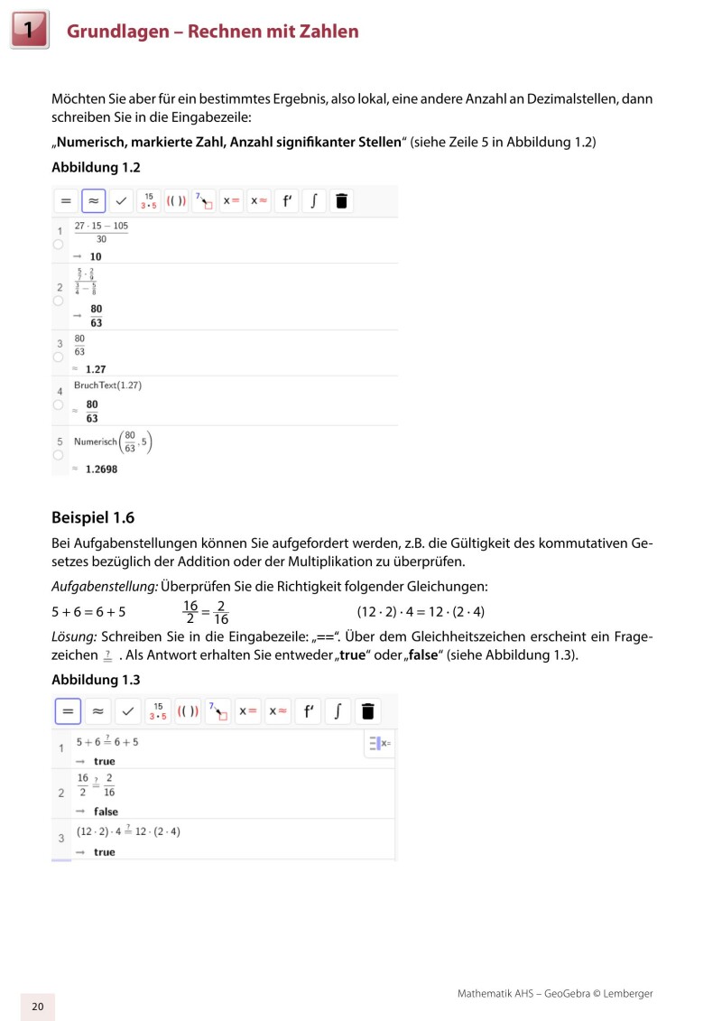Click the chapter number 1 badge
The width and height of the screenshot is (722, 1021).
click(x=29, y=31)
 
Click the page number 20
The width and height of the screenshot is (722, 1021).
click(x=37, y=1007)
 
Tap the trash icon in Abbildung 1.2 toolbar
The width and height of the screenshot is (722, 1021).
click(x=340, y=200)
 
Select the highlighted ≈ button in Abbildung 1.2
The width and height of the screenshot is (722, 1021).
click(x=94, y=200)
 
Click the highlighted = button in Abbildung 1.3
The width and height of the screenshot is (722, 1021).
click(x=68, y=711)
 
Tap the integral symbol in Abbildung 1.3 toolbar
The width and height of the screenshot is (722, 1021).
click(x=337, y=711)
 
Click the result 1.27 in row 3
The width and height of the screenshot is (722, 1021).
click(x=96, y=369)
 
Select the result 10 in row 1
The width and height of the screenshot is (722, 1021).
click(x=96, y=256)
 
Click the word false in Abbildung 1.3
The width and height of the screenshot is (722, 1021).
click(x=106, y=812)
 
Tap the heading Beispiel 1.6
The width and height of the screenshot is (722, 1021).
click(x=92, y=518)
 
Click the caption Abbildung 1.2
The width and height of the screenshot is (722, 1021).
click(x=96, y=167)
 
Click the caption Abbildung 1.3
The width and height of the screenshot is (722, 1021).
click(x=96, y=679)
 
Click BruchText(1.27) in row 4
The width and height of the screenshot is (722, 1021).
click(x=107, y=385)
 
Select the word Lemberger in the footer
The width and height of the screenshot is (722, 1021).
click(x=625, y=993)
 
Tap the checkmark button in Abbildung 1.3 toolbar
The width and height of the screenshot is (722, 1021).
click(x=127, y=711)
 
